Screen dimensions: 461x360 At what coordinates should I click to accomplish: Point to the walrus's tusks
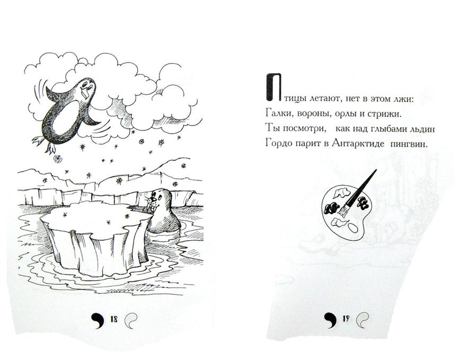tap(152, 209)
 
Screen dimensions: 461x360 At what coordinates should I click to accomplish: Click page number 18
tap(114, 319)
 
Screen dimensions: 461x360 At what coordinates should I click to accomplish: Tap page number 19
tap(346, 319)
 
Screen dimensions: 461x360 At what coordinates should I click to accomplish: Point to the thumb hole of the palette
tap(352, 227)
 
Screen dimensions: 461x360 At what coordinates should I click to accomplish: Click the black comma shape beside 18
tap(98, 319)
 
